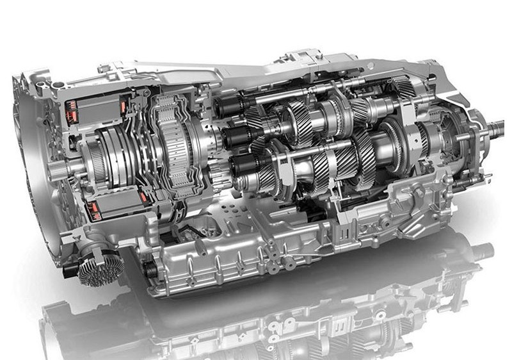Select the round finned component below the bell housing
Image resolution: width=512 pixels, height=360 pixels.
pos(102,267)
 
